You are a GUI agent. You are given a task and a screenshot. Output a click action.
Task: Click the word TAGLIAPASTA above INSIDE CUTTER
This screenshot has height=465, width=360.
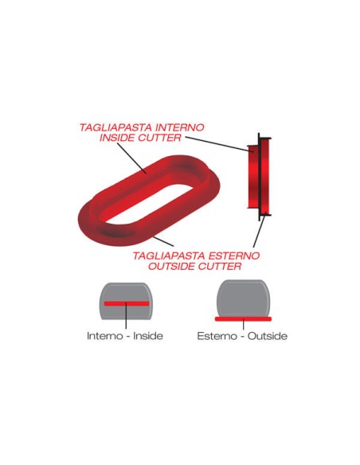click(116, 127)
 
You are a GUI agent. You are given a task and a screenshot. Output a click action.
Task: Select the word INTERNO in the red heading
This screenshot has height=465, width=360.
click(180, 127)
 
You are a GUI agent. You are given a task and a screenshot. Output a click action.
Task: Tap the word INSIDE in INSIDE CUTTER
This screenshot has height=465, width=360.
click(118, 138)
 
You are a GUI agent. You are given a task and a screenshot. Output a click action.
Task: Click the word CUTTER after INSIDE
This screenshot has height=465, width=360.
click(160, 138)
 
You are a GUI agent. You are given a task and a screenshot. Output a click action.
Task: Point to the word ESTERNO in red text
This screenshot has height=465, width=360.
click(234, 256)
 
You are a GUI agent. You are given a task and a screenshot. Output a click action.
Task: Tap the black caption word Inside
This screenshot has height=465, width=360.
click(148, 336)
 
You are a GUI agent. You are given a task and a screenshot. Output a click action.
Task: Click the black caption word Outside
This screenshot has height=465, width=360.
click(268, 336)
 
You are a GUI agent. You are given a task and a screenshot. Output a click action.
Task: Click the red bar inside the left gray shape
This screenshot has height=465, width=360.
click(127, 303)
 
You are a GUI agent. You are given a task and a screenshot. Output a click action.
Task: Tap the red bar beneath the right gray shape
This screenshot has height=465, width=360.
click(243, 318)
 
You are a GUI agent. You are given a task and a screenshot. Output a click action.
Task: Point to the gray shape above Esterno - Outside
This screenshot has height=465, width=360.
click(243, 298)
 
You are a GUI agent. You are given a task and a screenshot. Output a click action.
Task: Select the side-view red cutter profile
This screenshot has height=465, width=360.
click(259, 177)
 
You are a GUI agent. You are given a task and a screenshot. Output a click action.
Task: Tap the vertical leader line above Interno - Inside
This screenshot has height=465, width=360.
click(126, 315)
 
